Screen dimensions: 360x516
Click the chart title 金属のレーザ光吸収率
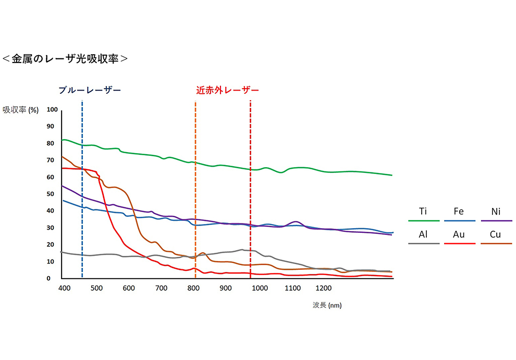point(65,58)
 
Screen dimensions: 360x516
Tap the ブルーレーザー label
point(90,90)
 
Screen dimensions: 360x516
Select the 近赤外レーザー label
point(227,90)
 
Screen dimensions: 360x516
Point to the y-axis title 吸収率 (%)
point(21,110)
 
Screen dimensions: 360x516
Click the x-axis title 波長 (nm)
point(327,305)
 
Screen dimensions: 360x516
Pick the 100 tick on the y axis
point(52,109)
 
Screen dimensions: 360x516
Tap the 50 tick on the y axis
point(51,194)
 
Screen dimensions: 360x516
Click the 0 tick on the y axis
point(48,278)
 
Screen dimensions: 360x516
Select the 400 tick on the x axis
point(64,288)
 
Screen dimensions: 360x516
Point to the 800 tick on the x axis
point(193,288)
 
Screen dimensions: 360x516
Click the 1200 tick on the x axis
point(323,288)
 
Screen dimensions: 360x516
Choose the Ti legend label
point(424,212)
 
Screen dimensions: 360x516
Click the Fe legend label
point(459,212)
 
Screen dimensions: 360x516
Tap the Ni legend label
point(496,212)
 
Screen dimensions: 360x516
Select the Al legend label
point(424,234)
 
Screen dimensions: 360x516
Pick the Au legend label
point(459,234)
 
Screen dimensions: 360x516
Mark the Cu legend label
point(496,234)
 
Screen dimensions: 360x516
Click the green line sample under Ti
point(424,220)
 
